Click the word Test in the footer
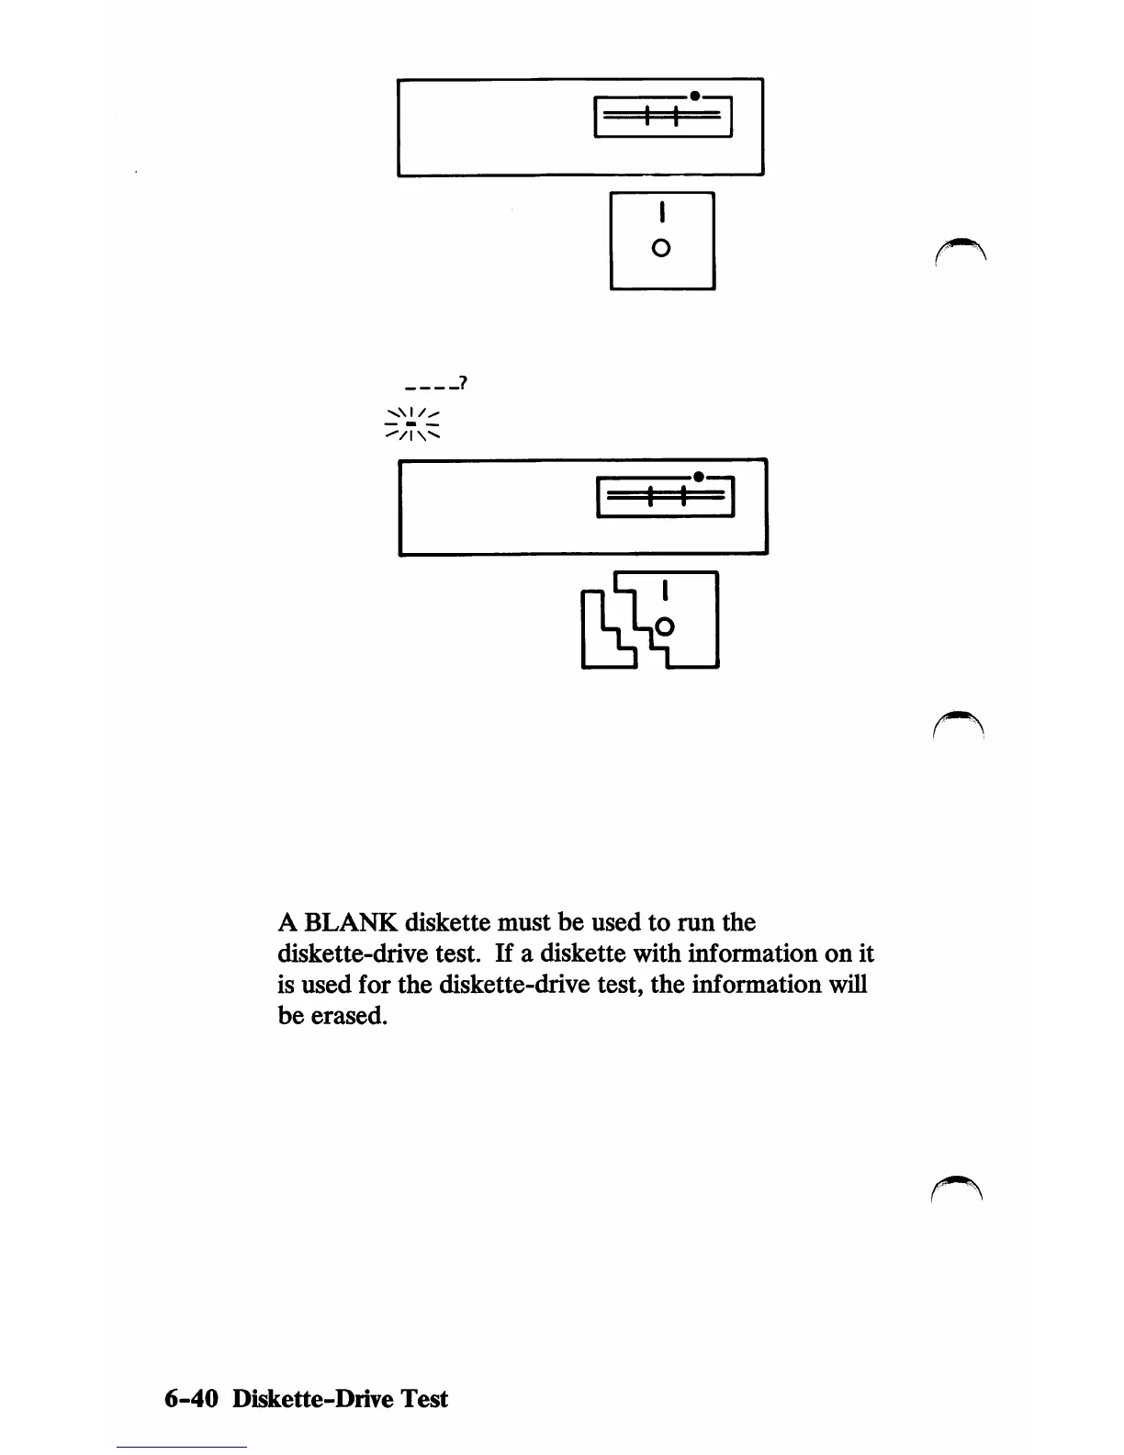423,1399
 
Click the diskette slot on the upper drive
663,117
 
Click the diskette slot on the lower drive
665,498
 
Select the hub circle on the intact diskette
660,248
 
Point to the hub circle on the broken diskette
666,627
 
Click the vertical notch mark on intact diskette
661,213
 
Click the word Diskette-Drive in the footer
316,1399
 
